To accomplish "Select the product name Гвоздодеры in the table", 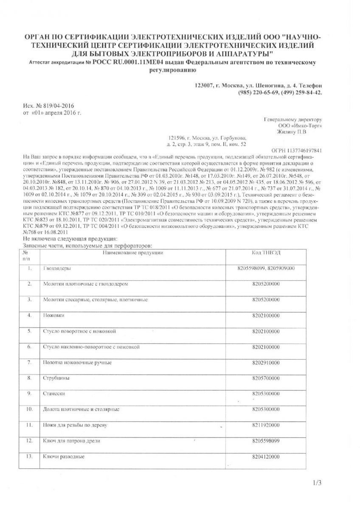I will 57,269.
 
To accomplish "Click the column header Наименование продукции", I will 132,253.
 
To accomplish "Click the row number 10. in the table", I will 29,409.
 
